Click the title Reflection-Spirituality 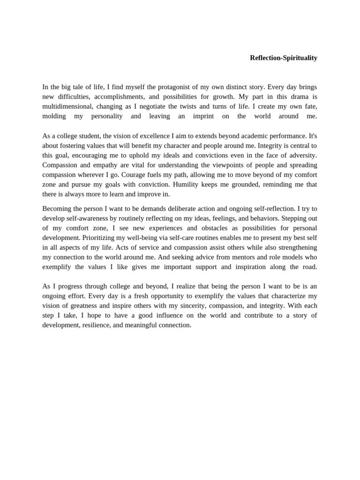[x=284, y=58]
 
